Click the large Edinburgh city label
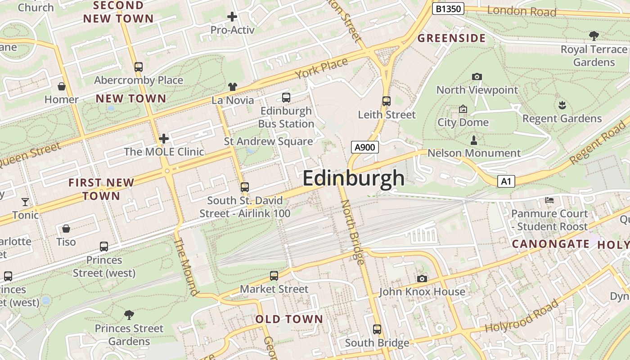pyautogui.click(x=354, y=178)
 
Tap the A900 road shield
pyautogui.click(x=364, y=147)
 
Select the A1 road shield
pyautogui.click(x=506, y=181)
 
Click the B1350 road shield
pyautogui.click(x=448, y=9)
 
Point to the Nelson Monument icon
pyautogui.click(x=473, y=140)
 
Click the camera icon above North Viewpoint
pyautogui.click(x=477, y=77)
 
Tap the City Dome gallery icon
pyautogui.click(x=463, y=109)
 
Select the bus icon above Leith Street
pyautogui.click(x=386, y=101)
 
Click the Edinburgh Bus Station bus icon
pyautogui.click(x=286, y=98)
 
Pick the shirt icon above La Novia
pyautogui.click(x=232, y=87)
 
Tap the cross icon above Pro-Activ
pyautogui.click(x=232, y=17)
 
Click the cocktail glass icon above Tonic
pyautogui.click(x=25, y=202)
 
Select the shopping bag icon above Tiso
pyautogui.click(x=66, y=229)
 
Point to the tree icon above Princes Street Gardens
pyautogui.click(x=129, y=315)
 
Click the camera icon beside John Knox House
pyautogui.click(x=422, y=279)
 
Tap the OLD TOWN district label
pyautogui.click(x=289, y=319)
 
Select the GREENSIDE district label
pyautogui.click(x=451, y=38)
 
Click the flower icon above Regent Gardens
pyautogui.click(x=562, y=106)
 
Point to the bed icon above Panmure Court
pyautogui.click(x=549, y=200)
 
